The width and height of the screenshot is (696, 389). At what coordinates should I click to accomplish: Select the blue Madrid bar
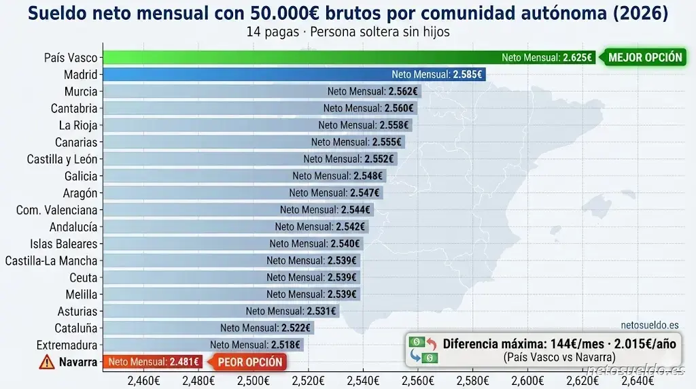[x=245, y=75]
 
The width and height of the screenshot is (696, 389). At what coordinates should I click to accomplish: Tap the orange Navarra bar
[x=152, y=362]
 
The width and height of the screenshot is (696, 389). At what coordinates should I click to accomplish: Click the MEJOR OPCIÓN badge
[x=644, y=58]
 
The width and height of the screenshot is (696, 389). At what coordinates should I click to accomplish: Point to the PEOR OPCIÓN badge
[x=249, y=362]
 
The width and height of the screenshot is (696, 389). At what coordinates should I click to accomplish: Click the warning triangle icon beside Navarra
[x=47, y=362]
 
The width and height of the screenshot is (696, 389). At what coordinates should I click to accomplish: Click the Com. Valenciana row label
[x=57, y=210]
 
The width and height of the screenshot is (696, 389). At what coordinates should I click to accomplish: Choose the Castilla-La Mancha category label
[x=52, y=260]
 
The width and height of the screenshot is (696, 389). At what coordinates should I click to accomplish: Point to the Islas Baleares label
[x=64, y=243]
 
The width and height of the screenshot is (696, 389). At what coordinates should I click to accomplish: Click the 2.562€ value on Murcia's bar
[x=403, y=91]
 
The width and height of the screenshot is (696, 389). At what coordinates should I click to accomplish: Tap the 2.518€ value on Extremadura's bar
[x=285, y=345]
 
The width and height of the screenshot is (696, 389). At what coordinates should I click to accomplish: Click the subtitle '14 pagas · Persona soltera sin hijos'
[x=349, y=32]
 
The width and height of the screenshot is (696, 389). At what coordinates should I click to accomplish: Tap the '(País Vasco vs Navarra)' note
[x=559, y=358]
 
